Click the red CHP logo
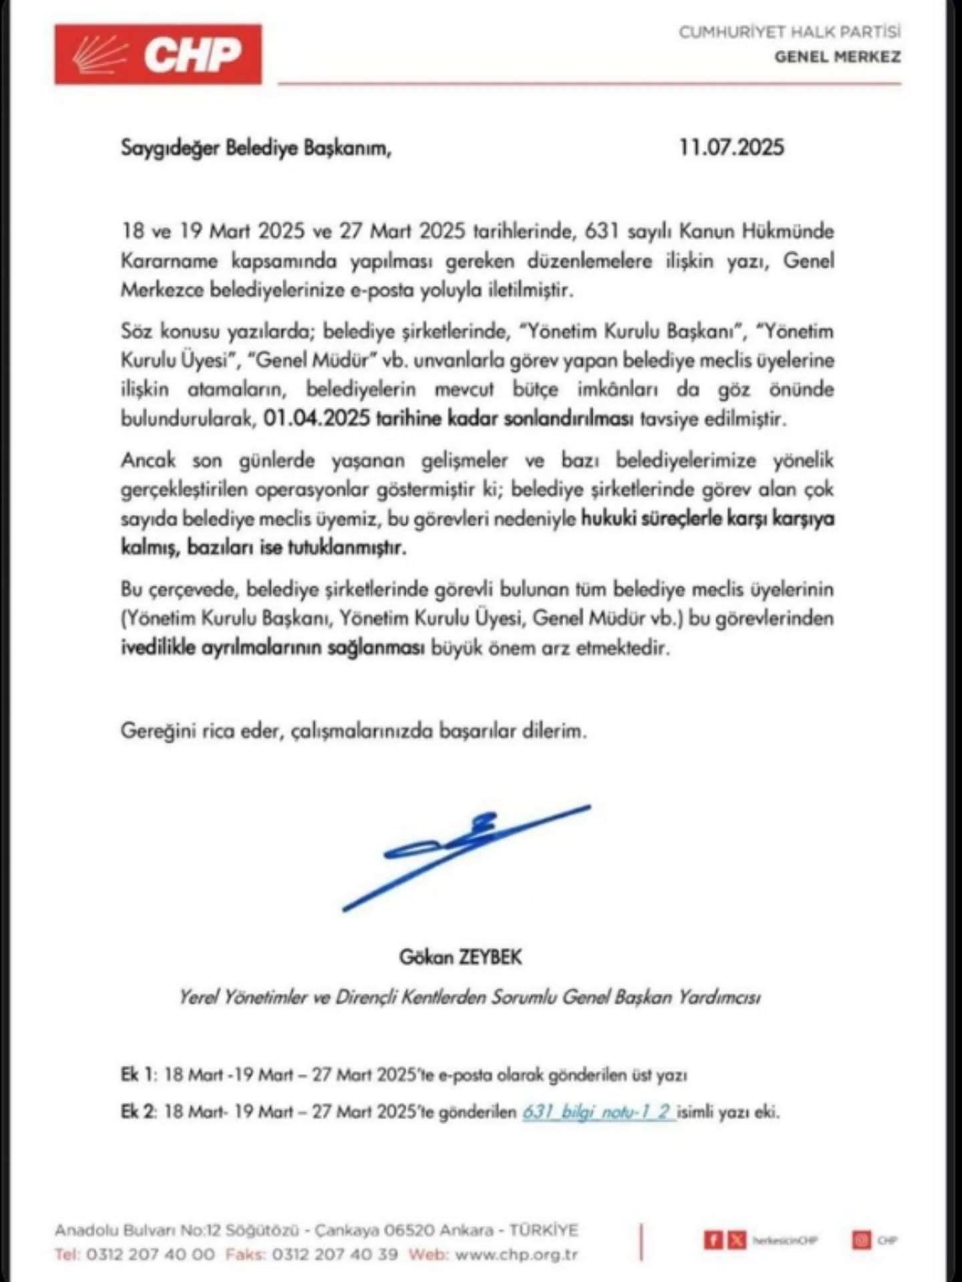pos(158,54)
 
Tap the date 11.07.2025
pos(731,147)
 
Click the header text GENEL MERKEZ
pos(837,57)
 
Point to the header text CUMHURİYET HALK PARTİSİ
pos(789,32)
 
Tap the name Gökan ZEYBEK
pos(460,957)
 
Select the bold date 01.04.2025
pos(317,419)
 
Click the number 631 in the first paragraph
pos(601,231)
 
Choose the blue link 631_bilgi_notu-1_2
pos(598,1112)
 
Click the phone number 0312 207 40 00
pos(150,1254)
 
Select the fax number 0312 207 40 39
pos(335,1254)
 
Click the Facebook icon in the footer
pos(713,1241)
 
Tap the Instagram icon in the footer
pos(862,1241)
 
